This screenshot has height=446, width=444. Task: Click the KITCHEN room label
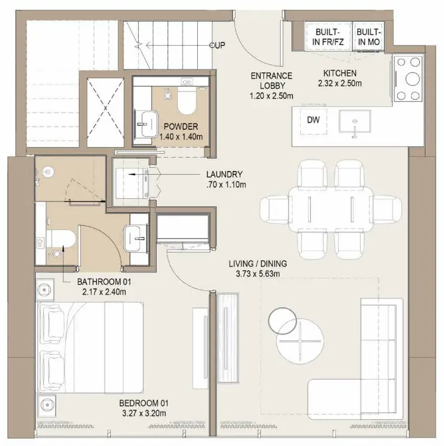[x=340, y=73]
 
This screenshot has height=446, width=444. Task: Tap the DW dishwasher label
[x=313, y=120]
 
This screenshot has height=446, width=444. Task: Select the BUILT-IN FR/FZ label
[x=328, y=37]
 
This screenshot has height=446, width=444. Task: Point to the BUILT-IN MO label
[x=369, y=37]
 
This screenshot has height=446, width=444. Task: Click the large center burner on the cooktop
[x=412, y=79]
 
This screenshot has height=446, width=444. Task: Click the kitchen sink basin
[x=355, y=121]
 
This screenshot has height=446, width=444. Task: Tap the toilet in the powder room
[x=187, y=100]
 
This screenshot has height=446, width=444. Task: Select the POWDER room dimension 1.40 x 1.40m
[x=181, y=137]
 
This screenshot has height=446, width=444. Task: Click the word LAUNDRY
[x=225, y=174]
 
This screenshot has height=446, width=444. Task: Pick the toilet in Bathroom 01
[x=61, y=238]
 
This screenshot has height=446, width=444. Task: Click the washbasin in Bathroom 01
[x=135, y=238]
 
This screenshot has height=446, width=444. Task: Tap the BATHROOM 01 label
[x=104, y=282]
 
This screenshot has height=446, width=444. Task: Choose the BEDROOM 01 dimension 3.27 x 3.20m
[x=144, y=413]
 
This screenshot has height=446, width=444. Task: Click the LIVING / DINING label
[x=258, y=264]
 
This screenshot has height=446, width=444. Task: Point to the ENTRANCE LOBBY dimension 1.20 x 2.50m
[x=271, y=96]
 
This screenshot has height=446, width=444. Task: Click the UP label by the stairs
[x=218, y=45]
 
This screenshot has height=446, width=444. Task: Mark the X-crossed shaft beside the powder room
[x=106, y=108]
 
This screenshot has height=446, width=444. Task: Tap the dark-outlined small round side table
[x=282, y=320]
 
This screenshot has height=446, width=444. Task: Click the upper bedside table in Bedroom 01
[x=45, y=290]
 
